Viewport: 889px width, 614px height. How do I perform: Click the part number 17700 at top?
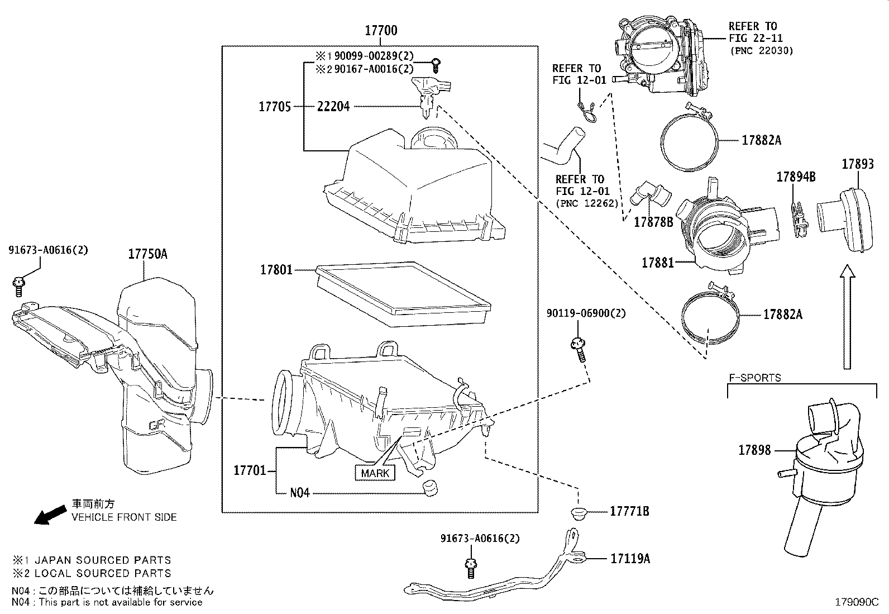[x=381, y=31]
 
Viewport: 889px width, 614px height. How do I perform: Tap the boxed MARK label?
[x=375, y=473]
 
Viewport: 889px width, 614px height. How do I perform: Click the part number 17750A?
[x=147, y=254]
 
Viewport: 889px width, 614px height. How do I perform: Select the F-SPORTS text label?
[x=754, y=378]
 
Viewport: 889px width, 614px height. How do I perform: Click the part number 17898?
[x=754, y=450]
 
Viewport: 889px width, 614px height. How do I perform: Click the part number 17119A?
[x=630, y=558]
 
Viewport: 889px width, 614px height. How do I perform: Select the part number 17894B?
[x=796, y=177]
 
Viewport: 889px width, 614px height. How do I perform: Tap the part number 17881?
[x=658, y=262]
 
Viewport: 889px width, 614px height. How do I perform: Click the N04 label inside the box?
[x=299, y=493]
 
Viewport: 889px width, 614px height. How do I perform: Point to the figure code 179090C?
[x=856, y=602]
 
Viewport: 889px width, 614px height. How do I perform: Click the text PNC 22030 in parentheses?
[x=761, y=50]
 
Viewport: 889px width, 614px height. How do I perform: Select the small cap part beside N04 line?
[x=429, y=487]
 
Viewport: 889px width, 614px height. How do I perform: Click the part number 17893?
[x=858, y=164]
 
